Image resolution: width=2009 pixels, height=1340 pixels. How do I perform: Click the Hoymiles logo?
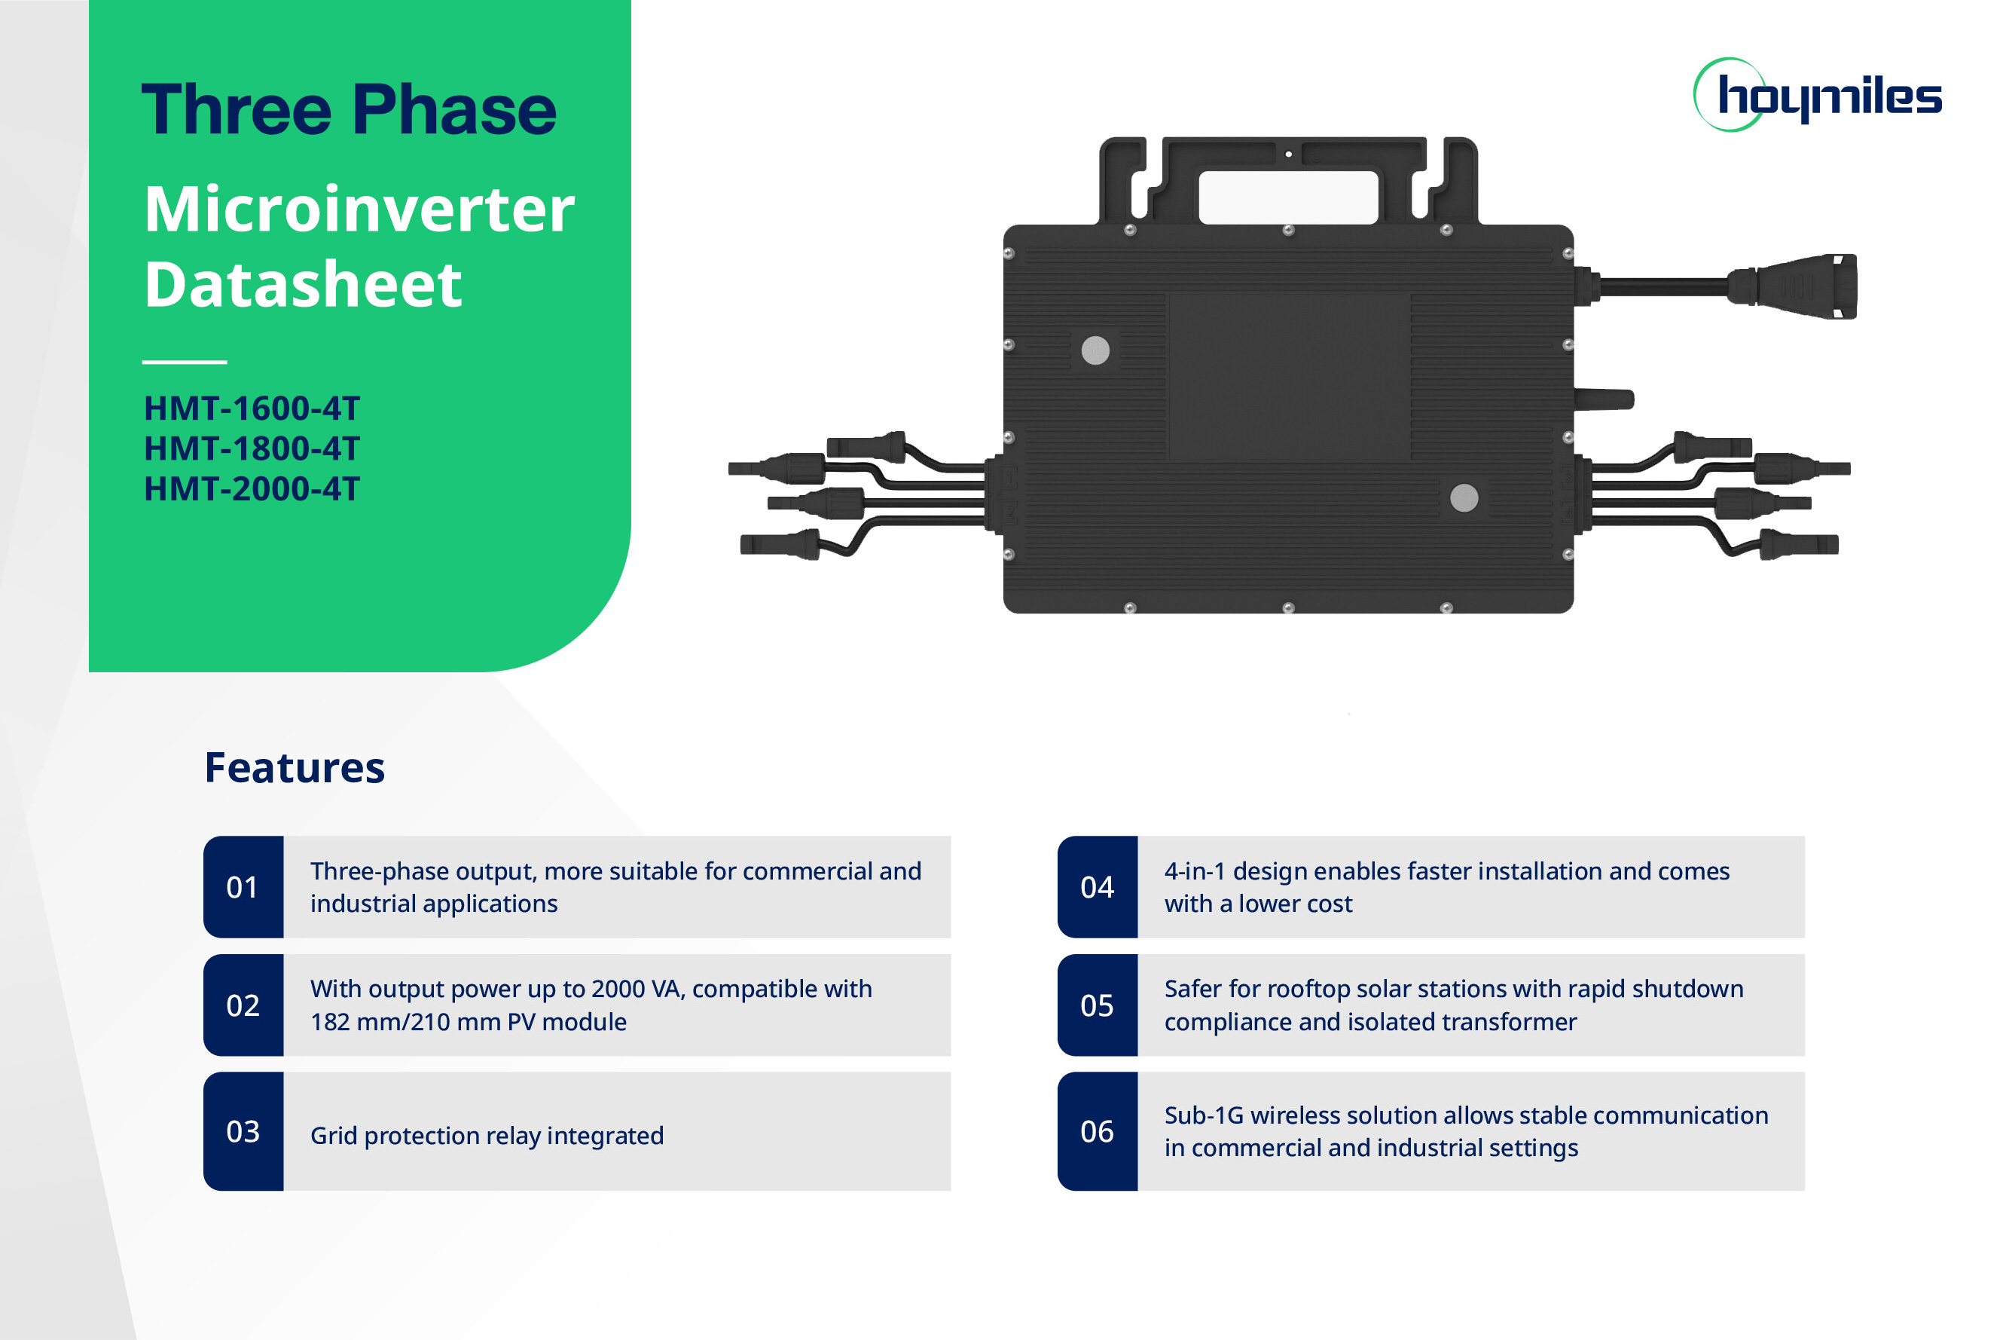(x=1817, y=95)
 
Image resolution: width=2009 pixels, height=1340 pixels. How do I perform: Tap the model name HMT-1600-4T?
(x=252, y=408)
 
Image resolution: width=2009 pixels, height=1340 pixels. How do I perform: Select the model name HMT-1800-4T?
(x=252, y=448)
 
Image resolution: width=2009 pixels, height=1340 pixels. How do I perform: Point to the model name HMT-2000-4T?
(x=252, y=489)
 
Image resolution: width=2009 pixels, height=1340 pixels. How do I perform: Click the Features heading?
(x=295, y=767)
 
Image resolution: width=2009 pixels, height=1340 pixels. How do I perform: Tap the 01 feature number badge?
(x=243, y=887)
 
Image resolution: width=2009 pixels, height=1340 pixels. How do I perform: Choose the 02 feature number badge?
(x=243, y=1005)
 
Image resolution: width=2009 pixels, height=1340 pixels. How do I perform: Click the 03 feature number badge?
(x=243, y=1131)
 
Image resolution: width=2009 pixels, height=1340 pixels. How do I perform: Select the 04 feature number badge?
(x=1098, y=887)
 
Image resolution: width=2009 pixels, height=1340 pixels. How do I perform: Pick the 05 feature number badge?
(x=1098, y=1005)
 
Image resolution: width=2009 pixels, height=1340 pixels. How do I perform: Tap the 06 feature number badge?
(x=1098, y=1131)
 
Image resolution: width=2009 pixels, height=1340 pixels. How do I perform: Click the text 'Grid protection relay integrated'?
(x=487, y=1136)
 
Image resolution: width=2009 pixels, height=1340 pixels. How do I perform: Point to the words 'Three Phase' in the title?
(x=350, y=109)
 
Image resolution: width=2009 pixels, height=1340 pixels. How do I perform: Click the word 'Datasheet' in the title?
(x=304, y=285)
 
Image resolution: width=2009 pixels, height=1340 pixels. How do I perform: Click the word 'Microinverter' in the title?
(x=359, y=210)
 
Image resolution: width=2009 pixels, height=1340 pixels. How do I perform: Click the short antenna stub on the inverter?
(x=1604, y=398)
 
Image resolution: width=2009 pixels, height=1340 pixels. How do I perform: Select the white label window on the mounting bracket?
(x=1289, y=197)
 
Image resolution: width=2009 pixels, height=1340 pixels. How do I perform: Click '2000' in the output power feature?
(x=618, y=989)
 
